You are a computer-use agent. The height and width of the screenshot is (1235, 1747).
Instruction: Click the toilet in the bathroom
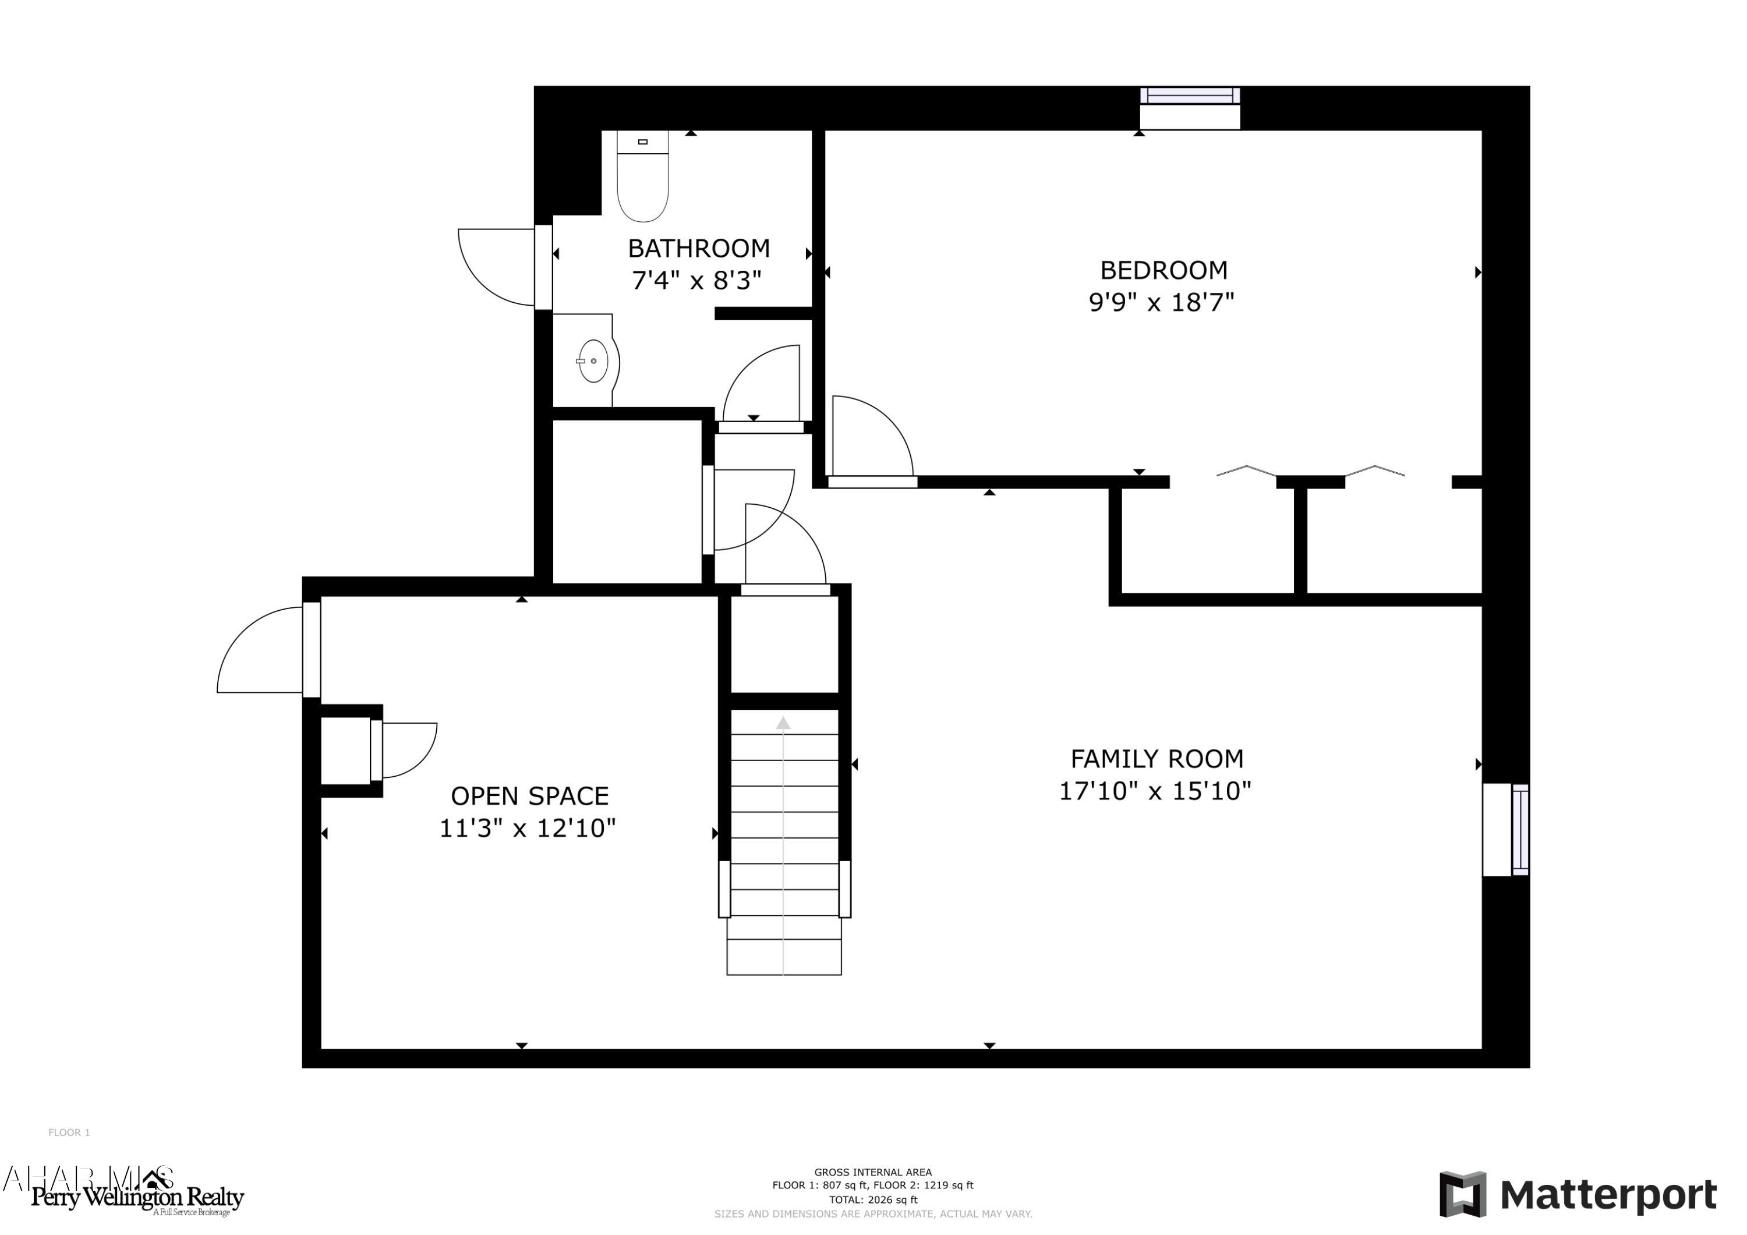click(642, 183)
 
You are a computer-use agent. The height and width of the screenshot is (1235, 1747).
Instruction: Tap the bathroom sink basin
click(593, 360)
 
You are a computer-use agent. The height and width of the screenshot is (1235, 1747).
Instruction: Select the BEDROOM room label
click(1164, 270)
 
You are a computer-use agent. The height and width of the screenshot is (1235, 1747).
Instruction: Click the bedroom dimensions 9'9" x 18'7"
click(1161, 303)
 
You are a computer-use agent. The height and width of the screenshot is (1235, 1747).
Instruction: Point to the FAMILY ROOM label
click(1157, 759)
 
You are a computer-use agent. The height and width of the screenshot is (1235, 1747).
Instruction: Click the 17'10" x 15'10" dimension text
click(1155, 791)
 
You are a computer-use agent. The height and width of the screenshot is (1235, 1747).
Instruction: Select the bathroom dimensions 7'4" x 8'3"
click(696, 281)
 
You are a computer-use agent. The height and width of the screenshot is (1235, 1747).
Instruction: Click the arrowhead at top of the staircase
click(783, 723)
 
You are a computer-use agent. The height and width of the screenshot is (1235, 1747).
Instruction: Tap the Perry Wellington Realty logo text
click(137, 1198)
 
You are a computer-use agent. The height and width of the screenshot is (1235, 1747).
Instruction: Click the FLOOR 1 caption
click(69, 1133)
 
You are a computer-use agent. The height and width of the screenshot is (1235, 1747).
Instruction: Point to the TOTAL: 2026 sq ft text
click(873, 1199)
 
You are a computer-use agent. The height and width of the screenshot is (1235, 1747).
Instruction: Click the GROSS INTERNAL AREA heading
click(873, 1172)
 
